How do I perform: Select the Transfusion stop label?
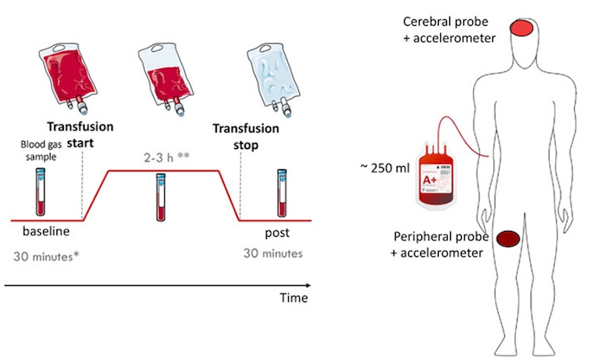coord(245,137)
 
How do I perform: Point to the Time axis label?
coord(293,298)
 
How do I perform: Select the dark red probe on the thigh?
coord(508,238)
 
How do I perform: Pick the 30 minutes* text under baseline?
coord(44,257)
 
